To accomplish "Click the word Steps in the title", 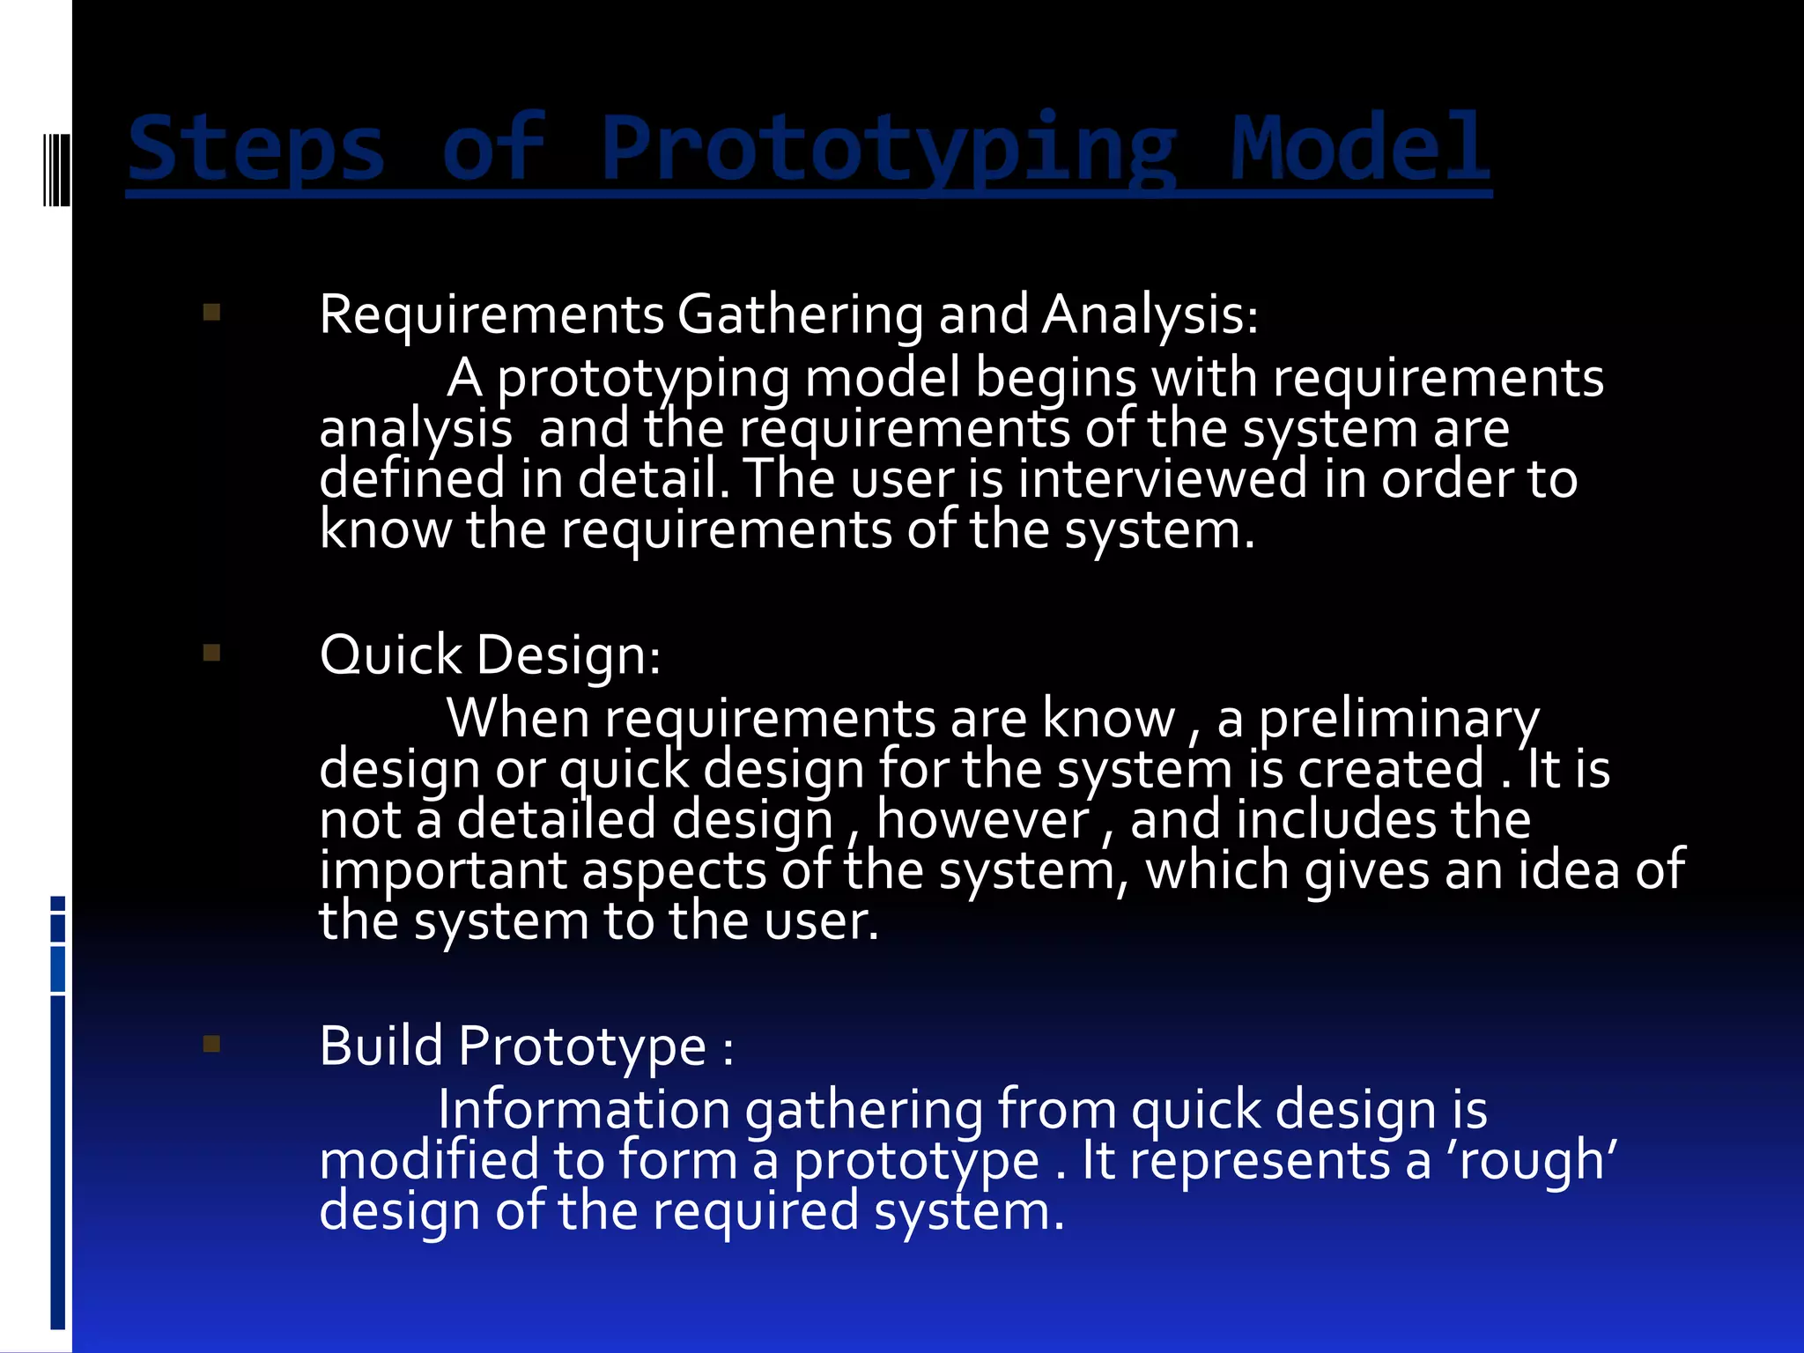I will coord(256,150).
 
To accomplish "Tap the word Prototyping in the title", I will coord(888,150).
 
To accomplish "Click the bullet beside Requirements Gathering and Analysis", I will coord(211,313).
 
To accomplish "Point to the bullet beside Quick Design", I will coord(211,653).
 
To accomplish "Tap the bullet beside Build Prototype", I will coord(211,1044).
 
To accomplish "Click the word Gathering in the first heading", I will coord(800,314).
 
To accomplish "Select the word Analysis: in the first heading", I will coord(1150,314).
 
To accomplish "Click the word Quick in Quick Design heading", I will coord(390,655).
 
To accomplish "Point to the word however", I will coord(983,820).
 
